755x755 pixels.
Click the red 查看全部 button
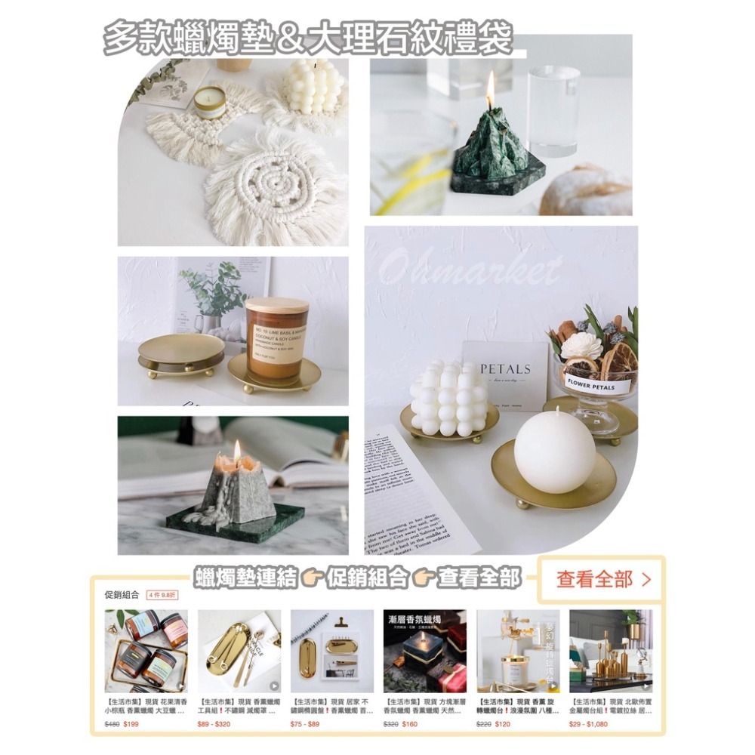602,580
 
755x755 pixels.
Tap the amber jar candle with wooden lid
277,337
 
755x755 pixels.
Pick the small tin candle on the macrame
210,102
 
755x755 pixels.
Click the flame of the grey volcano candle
236,451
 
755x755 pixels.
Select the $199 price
131,724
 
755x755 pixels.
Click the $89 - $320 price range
214,724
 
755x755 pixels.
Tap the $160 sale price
409,724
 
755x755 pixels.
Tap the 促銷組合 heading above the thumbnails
122,594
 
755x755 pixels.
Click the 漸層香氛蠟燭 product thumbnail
424,651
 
